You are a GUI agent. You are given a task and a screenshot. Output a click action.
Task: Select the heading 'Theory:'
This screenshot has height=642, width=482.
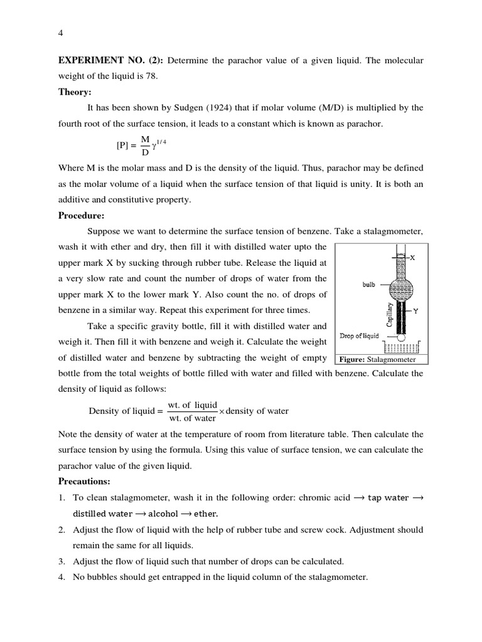tap(75, 92)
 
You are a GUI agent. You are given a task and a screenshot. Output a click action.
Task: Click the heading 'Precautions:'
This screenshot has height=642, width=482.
tap(84, 481)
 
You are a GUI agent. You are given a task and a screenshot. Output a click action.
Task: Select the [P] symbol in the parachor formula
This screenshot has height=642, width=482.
tap(122, 145)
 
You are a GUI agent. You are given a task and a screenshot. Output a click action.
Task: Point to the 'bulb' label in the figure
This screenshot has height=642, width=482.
tap(368, 284)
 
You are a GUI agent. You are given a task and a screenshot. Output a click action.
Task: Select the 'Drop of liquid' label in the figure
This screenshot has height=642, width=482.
tap(359, 336)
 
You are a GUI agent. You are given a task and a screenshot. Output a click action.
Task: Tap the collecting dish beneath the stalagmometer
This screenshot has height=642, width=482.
tap(401, 349)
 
